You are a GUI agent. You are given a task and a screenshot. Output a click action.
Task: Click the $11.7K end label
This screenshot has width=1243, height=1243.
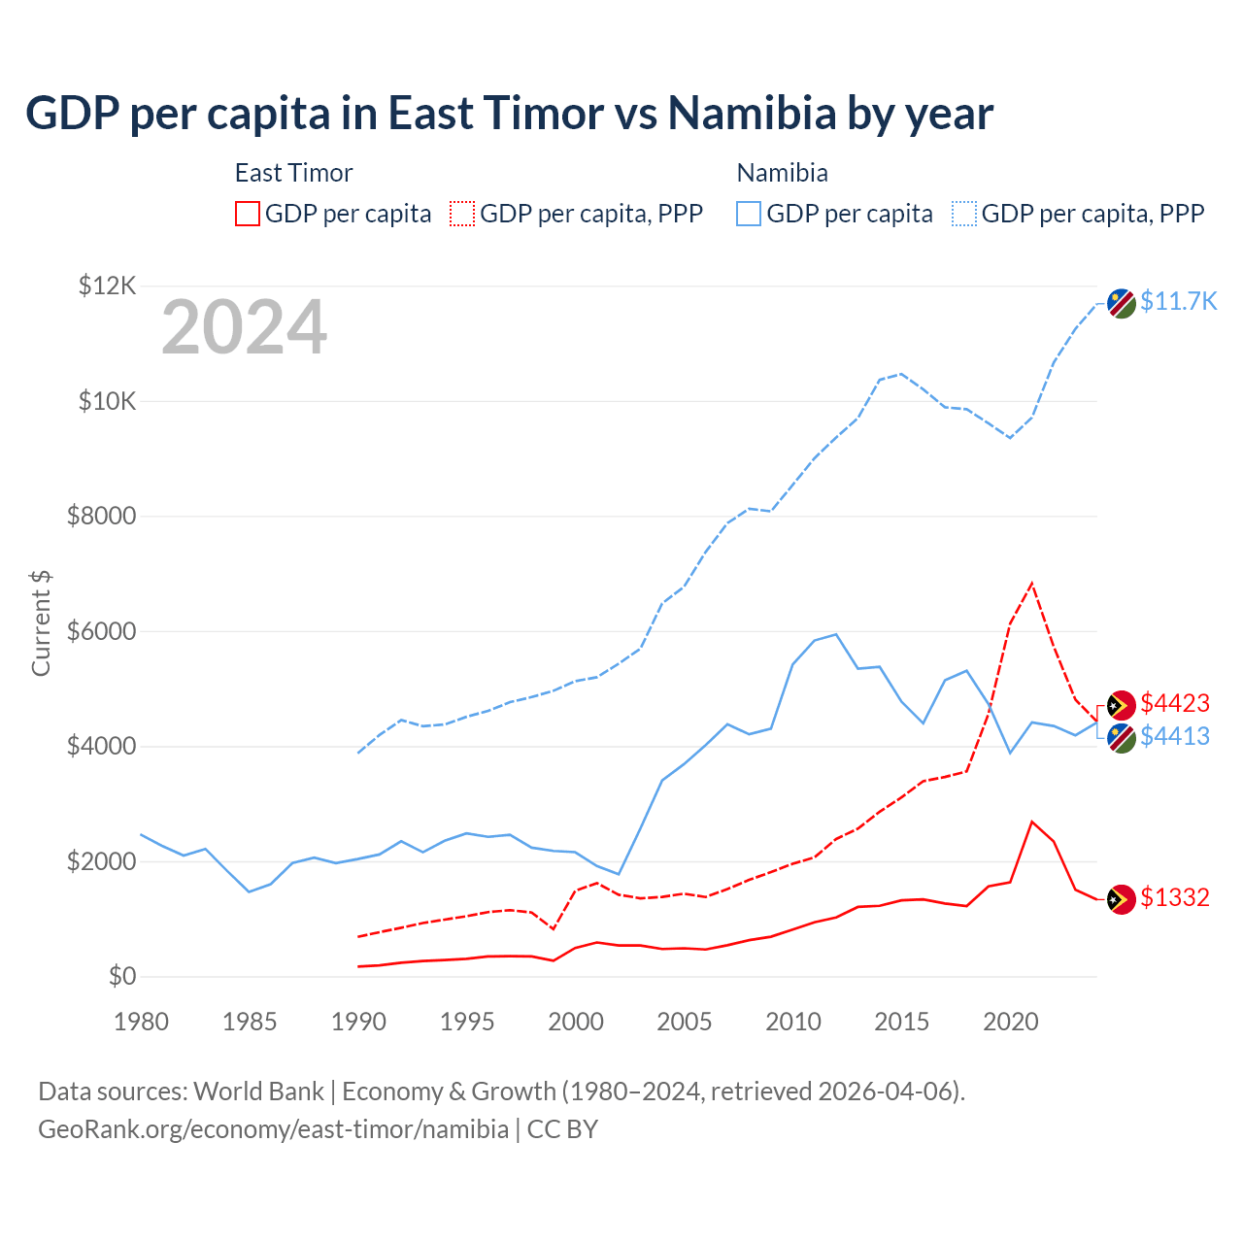[x=1178, y=301]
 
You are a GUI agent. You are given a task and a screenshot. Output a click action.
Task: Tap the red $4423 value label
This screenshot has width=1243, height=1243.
[x=1175, y=703]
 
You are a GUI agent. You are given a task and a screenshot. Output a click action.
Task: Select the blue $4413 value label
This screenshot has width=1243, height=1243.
[x=1175, y=736]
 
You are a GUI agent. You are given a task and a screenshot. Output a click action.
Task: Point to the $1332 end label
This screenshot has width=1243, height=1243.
[x=1175, y=897]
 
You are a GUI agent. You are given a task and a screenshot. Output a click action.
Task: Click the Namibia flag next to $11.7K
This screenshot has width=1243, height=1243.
[x=1122, y=303]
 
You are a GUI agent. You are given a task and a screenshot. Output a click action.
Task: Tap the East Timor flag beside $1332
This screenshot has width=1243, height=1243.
[x=1122, y=899]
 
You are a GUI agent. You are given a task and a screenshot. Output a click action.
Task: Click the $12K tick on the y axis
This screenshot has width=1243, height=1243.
[x=107, y=286]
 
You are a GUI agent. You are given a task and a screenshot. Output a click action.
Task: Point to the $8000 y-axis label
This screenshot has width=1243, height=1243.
[x=101, y=516]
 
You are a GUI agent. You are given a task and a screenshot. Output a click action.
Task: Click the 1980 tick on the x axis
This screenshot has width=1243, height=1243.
[x=141, y=1022]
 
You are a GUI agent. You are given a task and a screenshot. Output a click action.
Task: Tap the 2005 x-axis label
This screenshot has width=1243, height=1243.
[x=685, y=1022]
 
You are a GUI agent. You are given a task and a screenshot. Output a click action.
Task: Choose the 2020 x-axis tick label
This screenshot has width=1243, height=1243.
[x=1011, y=1022]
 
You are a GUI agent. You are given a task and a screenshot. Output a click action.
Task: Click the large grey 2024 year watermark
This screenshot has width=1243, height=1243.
[x=244, y=328]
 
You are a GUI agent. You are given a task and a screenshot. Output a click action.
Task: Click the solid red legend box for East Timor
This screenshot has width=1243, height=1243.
[x=248, y=214]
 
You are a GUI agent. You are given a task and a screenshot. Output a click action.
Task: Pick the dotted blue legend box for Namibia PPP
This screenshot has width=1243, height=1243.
[x=964, y=214]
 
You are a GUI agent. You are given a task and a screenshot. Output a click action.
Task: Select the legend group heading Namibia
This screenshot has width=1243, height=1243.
[x=782, y=173]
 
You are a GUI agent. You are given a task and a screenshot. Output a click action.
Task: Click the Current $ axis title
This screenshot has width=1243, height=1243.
[x=41, y=622]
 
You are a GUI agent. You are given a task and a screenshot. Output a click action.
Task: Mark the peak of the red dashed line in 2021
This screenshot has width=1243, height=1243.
[x=1031, y=584]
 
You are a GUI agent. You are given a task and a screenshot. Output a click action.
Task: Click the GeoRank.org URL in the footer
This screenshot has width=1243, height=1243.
[x=273, y=1129]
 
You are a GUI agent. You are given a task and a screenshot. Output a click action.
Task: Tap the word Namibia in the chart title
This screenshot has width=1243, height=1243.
[x=752, y=114]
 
